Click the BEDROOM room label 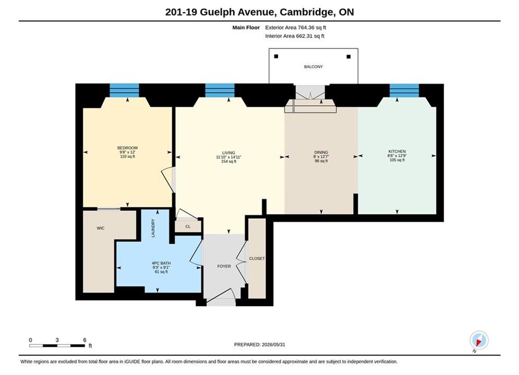tap(127, 148)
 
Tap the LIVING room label tap(228, 153)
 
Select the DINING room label tap(321, 152)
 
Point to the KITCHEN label tap(397, 152)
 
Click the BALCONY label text tap(313, 67)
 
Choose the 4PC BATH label tap(161, 264)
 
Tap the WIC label tap(101, 228)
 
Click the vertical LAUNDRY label tap(153, 228)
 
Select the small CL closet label tap(188, 227)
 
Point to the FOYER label tap(224, 266)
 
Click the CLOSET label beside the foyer tap(257, 258)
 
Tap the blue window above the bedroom tap(125, 90)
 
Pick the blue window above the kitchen tap(404, 90)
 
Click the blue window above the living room tap(220, 90)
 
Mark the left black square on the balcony tap(276, 56)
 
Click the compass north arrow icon tap(479, 340)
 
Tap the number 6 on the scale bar tap(85, 340)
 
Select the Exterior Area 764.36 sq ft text tap(296, 28)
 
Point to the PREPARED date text tap(260, 345)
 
